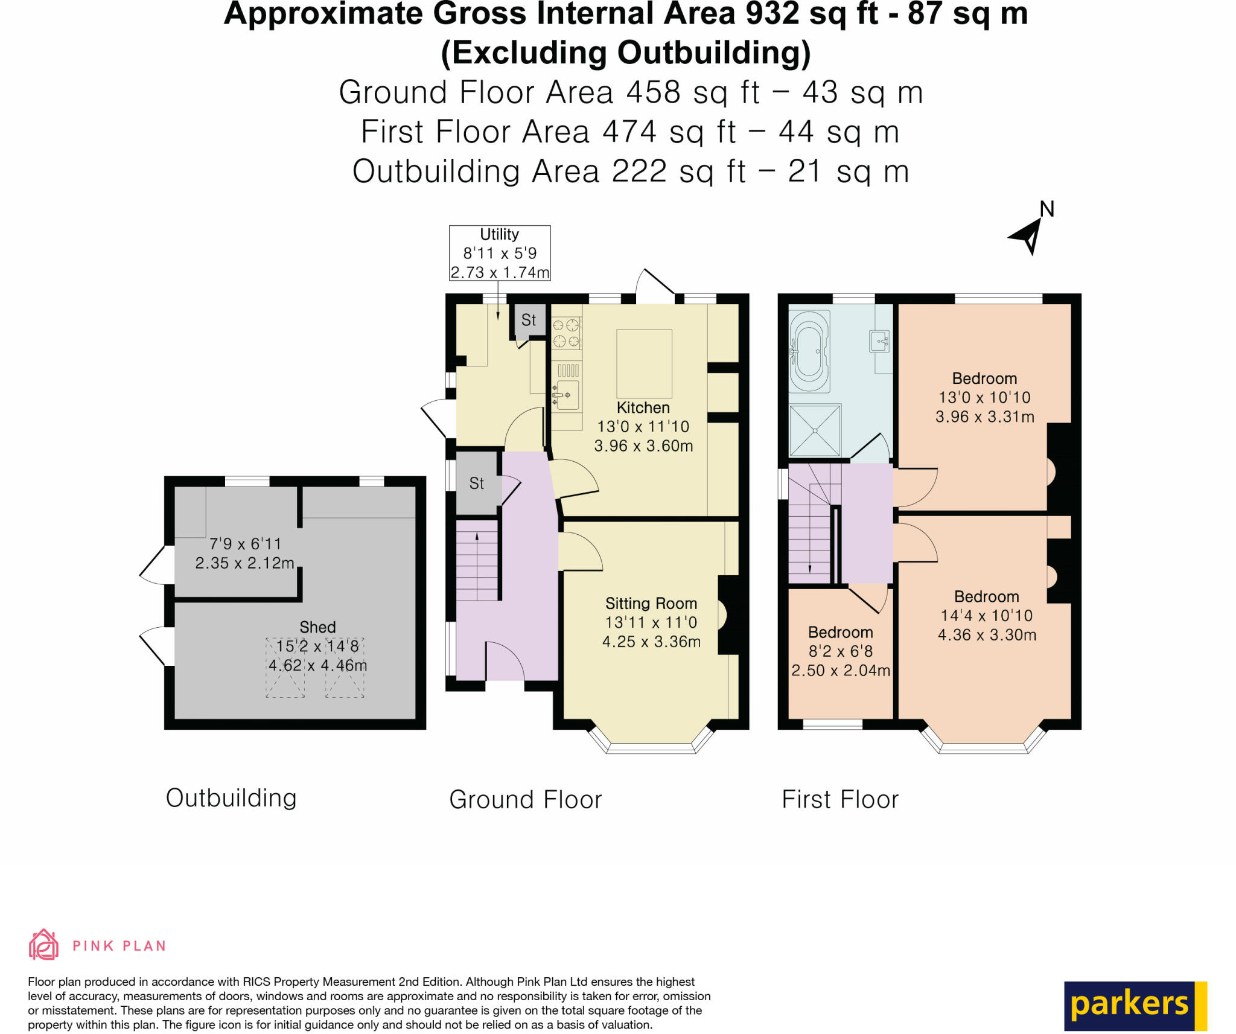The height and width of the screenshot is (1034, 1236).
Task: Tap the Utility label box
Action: [499, 253]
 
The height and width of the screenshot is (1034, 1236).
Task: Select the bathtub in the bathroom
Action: [809, 351]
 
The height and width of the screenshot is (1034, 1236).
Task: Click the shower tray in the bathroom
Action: [815, 430]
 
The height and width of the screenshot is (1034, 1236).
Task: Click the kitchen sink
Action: [567, 395]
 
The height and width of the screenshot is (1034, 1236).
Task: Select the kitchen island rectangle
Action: [644, 363]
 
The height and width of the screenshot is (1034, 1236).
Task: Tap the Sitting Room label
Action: [651, 603]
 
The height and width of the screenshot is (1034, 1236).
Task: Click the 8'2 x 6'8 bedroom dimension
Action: [840, 651]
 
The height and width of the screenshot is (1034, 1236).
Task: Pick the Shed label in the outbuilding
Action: [317, 627]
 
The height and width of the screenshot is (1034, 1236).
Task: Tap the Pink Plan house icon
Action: [43, 945]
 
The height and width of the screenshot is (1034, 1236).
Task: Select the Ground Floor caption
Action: [525, 799]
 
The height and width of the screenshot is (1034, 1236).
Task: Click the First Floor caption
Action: [839, 799]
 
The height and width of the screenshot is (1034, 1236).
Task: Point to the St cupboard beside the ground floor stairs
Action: [477, 483]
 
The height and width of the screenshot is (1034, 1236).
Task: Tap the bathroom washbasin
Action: [878, 341]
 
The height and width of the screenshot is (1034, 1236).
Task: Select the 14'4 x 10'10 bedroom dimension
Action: [986, 615]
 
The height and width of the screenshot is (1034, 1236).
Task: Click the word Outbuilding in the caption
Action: [231, 797]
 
